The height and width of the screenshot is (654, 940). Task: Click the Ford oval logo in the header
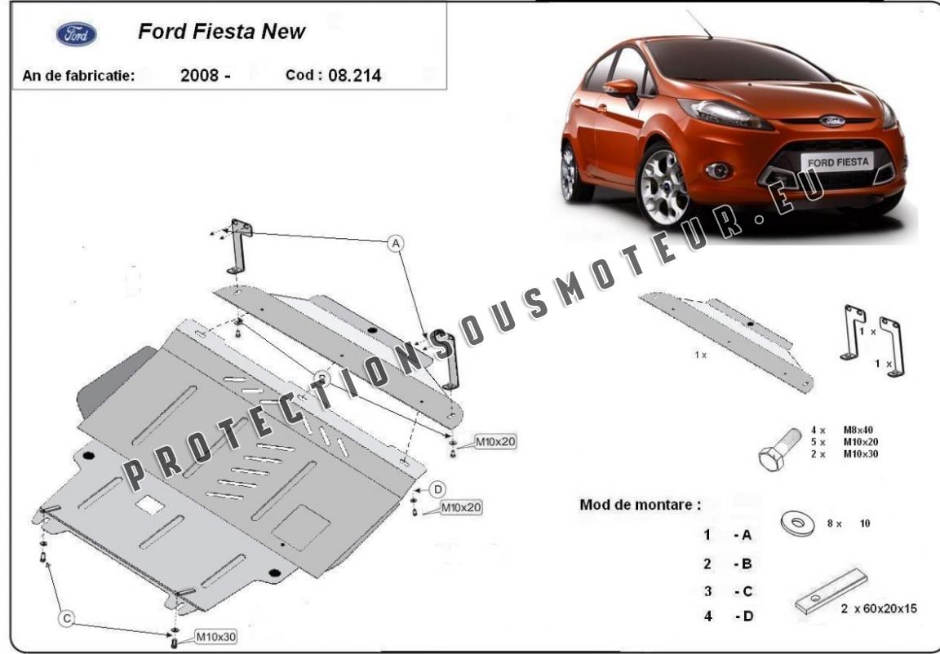coord(76,34)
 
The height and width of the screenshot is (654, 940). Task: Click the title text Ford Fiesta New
coord(222,32)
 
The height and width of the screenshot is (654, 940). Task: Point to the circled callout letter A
coord(395,243)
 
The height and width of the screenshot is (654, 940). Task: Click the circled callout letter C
coord(68,620)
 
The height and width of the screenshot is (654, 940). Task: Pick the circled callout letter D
coord(437,489)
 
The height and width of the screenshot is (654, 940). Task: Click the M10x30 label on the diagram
coord(215,636)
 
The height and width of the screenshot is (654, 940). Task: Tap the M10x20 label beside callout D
coord(461,507)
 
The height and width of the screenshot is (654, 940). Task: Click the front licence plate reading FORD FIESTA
coord(838,161)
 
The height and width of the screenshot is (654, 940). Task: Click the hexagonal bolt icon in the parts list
coord(776,451)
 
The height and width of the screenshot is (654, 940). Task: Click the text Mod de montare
coord(640,504)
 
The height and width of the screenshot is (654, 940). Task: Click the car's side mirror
coord(623,87)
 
